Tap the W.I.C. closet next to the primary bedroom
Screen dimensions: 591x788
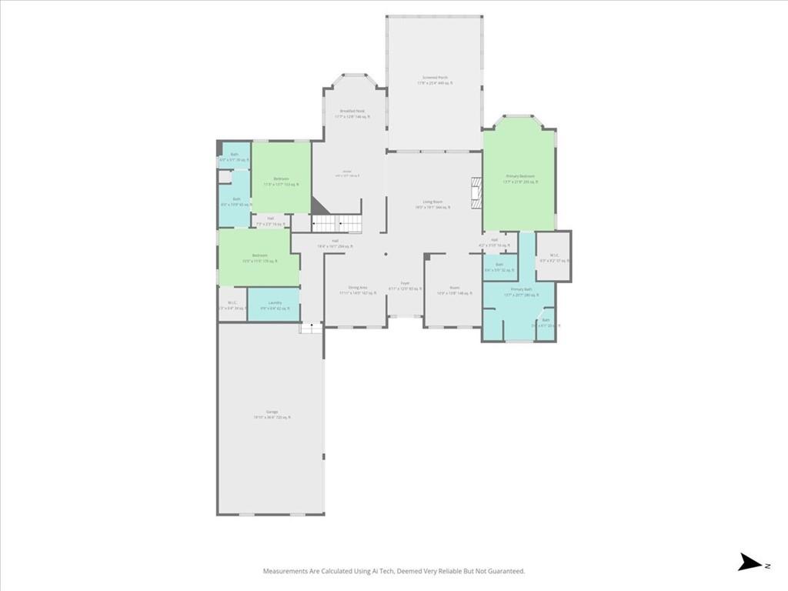tap(553, 257)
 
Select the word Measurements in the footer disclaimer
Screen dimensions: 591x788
tap(287, 571)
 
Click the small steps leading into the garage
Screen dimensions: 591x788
tap(311, 328)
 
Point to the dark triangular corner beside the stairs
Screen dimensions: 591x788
tap(318, 205)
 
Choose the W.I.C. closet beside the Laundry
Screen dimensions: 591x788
tap(231, 305)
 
